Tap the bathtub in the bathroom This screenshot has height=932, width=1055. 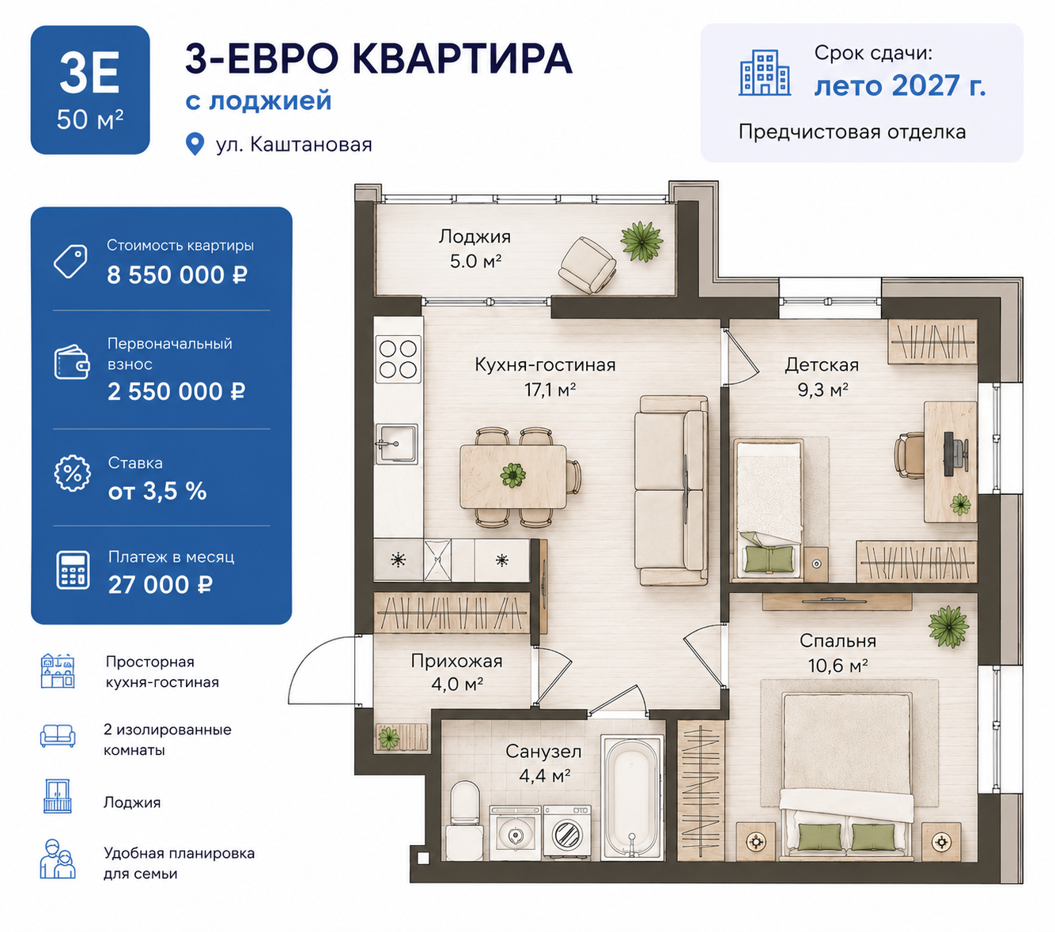(x=632, y=797)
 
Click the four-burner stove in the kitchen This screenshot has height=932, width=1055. (x=398, y=359)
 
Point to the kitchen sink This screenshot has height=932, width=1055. (x=397, y=443)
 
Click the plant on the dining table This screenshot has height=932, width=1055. (x=513, y=475)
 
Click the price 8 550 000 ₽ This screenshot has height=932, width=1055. (x=177, y=275)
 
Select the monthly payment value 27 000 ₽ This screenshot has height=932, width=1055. (x=161, y=585)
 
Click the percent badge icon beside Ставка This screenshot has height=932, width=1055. (x=73, y=473)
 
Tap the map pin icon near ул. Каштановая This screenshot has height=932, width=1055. (x=195, y=144)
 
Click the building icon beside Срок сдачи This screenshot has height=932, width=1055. (x=765, y=73)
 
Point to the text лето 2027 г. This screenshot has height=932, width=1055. (x=900, y=86)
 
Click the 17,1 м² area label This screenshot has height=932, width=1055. (x=550, y=389)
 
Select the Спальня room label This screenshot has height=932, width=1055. (x=838, y=640)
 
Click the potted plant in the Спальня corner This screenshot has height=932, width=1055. (x=948, y=626)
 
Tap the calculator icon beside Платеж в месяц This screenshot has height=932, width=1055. (x=73, y=570)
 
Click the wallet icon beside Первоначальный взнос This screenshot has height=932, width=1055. (x=72, y=362)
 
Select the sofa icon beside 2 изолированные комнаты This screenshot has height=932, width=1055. (x=58, y=736)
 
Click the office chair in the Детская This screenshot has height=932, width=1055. (x=908, y=455)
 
